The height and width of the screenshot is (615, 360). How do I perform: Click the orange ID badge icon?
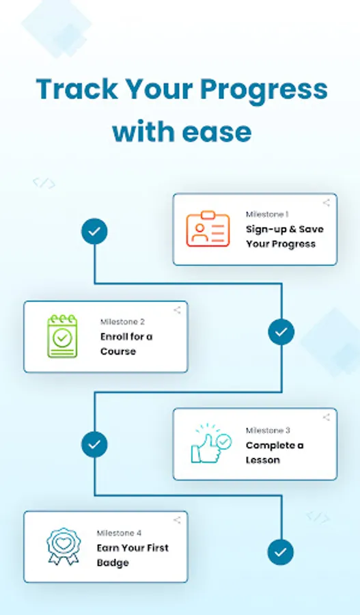208,229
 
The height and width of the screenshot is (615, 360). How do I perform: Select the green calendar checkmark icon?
62,336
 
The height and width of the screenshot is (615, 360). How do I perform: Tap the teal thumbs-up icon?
211,443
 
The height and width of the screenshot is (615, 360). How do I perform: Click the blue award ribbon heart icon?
63,547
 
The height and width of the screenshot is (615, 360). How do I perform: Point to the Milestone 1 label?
267,214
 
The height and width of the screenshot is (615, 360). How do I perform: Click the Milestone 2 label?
122,322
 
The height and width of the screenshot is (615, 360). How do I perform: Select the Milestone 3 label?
268,430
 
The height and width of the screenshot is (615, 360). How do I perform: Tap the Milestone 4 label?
120,533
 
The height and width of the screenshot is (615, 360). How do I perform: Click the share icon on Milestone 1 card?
327,203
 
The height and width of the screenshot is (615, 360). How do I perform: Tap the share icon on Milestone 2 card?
177,310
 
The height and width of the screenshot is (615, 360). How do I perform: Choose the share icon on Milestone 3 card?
327,418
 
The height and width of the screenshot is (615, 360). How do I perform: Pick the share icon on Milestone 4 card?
177,520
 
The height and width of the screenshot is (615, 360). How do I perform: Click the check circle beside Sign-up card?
94,232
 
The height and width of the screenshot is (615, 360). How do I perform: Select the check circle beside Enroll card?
281,332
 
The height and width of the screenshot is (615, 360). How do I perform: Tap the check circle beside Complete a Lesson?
94,444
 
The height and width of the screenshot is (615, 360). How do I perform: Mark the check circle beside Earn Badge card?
281,552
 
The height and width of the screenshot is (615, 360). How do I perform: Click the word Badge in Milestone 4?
113,563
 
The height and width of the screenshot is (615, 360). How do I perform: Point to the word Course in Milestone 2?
118,351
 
